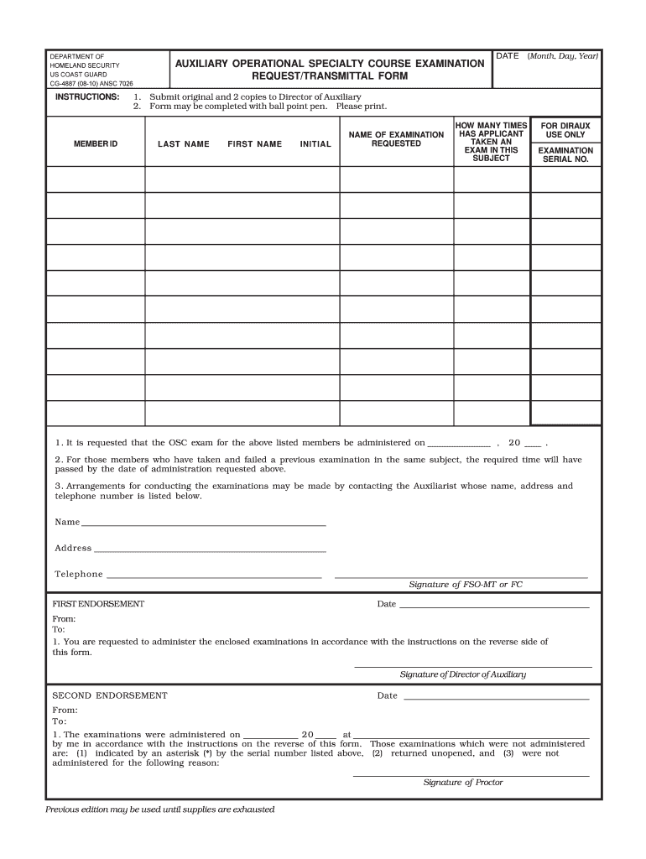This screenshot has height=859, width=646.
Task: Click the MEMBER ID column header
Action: [96, 144]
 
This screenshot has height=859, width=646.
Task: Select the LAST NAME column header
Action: [184, 144]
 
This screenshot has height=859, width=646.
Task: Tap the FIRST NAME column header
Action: [254, 144]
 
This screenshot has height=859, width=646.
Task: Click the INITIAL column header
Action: [315, 144]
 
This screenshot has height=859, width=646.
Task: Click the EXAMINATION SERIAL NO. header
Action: [565, 154]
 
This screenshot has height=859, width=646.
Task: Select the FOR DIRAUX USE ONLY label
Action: [565, 130]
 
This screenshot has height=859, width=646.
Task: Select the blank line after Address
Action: [210, 549]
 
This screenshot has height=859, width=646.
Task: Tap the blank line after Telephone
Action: [214, 575]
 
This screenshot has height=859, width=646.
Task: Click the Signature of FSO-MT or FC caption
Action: [465, 585]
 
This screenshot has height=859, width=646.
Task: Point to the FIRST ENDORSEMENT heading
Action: [98, 604]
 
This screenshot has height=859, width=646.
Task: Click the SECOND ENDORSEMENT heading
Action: [110, 695]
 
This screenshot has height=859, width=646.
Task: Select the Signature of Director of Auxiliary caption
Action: [462, 674]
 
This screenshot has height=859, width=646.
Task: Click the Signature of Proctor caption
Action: [462, 783]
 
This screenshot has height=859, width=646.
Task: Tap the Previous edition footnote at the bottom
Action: [160, 810]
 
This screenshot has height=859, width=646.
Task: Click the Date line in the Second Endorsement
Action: [495, 696]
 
